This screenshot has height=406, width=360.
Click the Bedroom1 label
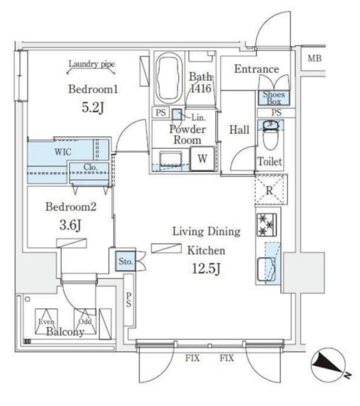(93, 89)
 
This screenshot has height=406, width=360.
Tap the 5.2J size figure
(93, 107)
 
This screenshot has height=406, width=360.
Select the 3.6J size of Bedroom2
(70, 225)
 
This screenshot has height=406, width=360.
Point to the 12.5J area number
(206, 268)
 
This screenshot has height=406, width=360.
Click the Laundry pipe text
(91, 63)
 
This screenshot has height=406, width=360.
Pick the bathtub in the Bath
(169, 78)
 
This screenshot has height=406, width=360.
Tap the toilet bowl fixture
(270, 135)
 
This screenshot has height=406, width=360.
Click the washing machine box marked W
(203, 159)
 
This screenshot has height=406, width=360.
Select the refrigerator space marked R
(271, 190)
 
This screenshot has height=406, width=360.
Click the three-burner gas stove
(267, 225)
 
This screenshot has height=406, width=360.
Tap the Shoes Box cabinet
(274, 98)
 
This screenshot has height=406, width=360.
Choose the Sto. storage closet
(125, 261)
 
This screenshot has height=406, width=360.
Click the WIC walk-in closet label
(63, 152)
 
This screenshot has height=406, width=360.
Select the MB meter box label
(314, 58)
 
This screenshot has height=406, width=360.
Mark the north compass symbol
(329, 365)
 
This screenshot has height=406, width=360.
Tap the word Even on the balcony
(46, 322)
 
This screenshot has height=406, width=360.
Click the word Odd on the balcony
(85, 322)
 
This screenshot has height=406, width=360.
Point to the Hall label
(240, 129)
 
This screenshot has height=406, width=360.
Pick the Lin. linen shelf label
(198, 118)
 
